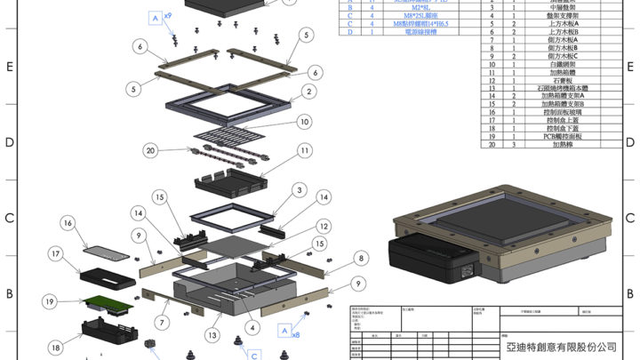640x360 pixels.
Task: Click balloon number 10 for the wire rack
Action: (304, 121)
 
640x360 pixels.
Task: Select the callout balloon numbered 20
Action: (150, 149)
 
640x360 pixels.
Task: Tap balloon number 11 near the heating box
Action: (304, 151)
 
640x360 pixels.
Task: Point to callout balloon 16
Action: (68, 222)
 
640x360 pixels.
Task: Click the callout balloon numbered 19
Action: (52, 301)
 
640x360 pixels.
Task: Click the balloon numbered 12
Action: (324, 226)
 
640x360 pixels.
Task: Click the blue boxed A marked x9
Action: (156, 18)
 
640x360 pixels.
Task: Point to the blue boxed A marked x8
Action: (284, 330)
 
